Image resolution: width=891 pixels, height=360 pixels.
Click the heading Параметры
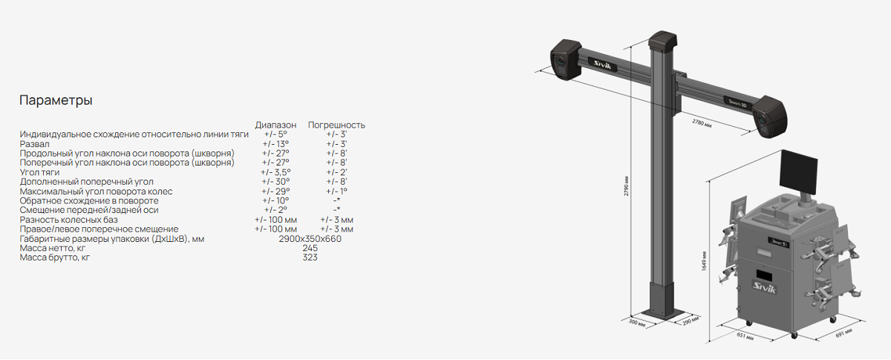click(56, 100)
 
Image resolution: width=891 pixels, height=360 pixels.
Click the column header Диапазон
click(275, 125)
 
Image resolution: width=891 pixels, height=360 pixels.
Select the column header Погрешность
click(336, 125)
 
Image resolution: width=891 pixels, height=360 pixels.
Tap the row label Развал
click(35, 144)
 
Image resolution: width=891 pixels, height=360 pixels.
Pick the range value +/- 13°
click(275, 144)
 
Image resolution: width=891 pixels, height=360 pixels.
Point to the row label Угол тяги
click(39, 172)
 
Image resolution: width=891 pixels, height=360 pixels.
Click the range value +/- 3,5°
click(275, 172)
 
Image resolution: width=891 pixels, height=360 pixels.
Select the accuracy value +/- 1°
click(336, 192)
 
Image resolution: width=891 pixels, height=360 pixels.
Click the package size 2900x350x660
click(310, 239)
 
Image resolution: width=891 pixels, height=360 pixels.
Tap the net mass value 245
click(310, 248)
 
